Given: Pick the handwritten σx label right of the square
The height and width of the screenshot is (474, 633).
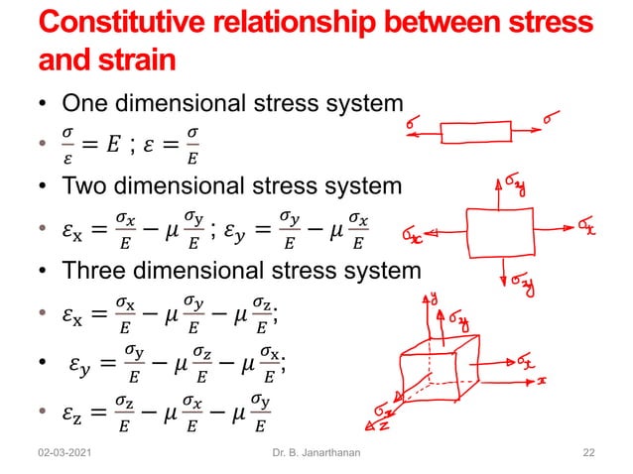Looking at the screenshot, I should tap(587, 228).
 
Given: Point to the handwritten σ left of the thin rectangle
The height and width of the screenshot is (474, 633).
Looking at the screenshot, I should tap(412, 124).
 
